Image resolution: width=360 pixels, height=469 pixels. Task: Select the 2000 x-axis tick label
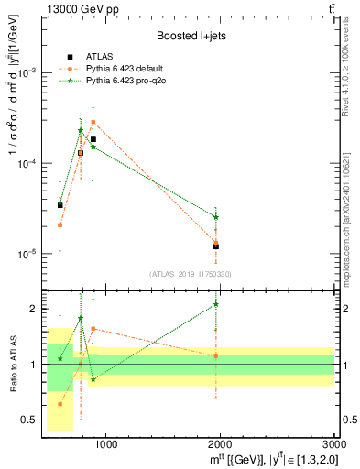(221, 445)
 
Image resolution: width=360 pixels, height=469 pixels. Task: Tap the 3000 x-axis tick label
(334, 445)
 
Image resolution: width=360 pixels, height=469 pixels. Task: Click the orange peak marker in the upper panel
(93, 122)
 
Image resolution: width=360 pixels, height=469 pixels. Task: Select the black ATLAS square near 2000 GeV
(216, 246)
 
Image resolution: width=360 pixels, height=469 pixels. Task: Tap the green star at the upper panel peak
(81, 130)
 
